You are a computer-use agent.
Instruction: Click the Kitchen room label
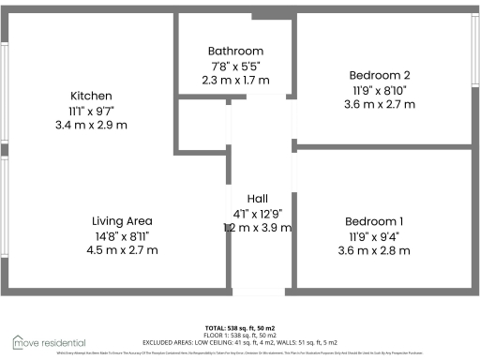(x=92, y=96)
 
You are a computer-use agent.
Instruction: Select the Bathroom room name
(x=235, y=51)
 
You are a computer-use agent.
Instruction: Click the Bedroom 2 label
(x=379, y=75)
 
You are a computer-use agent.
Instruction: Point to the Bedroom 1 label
(x=379, y=221)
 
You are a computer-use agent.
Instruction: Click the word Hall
(x=258, y=199)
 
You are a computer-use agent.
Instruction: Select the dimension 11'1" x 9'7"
(x=92, y=111)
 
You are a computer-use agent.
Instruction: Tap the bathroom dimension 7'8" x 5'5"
(x=235, y=66)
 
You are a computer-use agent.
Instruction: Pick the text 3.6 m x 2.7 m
(x=379, y=105)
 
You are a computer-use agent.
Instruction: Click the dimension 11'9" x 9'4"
(x=379, y=236)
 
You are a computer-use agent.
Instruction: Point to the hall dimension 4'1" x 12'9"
(x=258, y=214)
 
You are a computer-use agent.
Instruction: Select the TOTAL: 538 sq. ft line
(x=240, y=327)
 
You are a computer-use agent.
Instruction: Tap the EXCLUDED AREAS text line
(x=240, y=341)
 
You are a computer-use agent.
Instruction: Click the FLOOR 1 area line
(x=240, y=335)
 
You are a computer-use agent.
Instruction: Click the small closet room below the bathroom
(x=202, y=124)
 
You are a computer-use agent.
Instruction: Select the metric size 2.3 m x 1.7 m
(x=235, y=81)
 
